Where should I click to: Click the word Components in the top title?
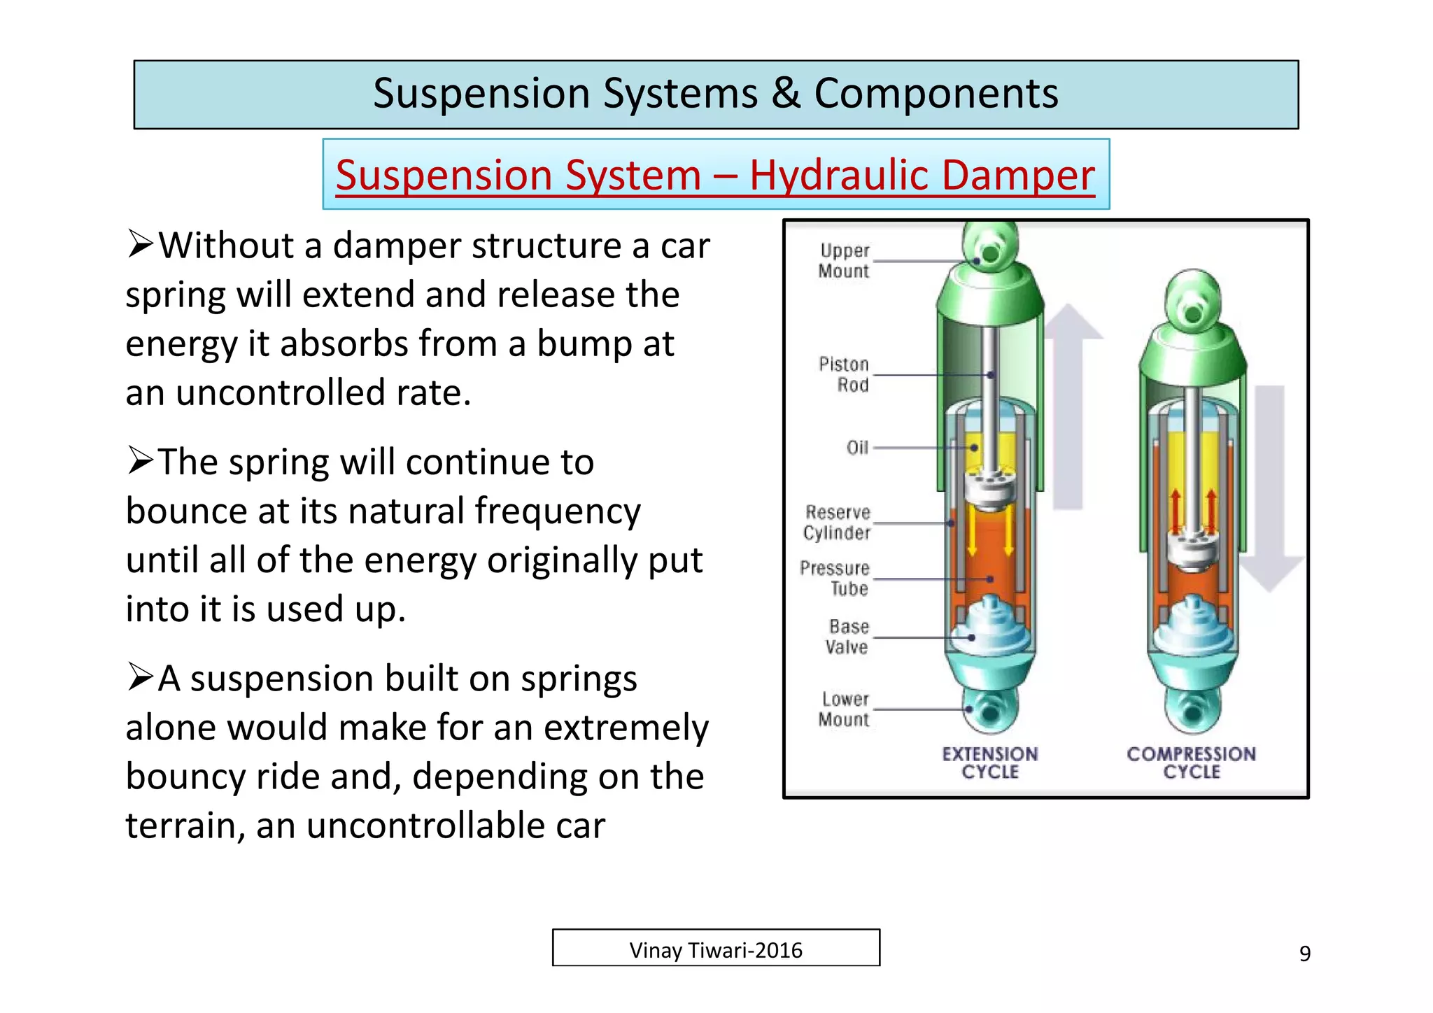[x=936, y=94]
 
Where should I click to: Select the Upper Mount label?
[x=844, y=261]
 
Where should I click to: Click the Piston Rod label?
[x=845, y=374]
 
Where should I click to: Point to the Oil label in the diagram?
[x=857, y=448]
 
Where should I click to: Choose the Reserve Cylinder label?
[x=838, y=523]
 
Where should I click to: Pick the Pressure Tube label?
[x=835, y=579]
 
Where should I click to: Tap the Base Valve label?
[x=847, y=637]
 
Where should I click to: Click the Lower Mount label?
[x=845, y=709]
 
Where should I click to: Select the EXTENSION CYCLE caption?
[x=990, y=763]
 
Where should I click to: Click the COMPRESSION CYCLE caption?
[x=1192, y=763]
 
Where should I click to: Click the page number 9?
[x=1305, y=954]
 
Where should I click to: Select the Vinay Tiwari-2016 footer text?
[x=716, y=951]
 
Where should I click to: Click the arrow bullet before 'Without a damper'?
[x=140, y=245]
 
